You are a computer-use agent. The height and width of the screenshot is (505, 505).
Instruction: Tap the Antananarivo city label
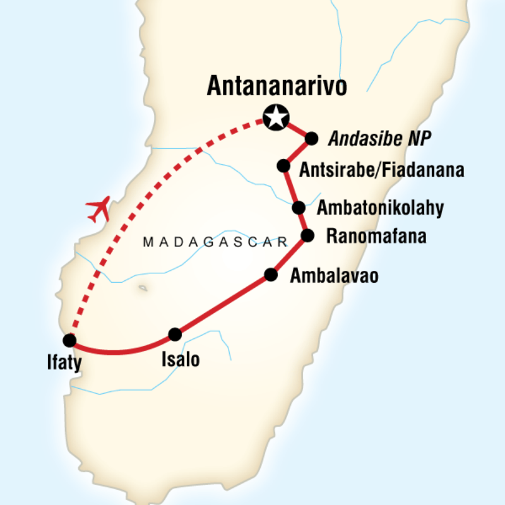[x=277, y=86]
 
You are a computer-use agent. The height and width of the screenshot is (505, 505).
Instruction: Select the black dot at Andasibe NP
[x=311, y=138]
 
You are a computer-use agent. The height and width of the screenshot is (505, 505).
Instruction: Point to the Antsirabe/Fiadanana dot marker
[x=284, y=166]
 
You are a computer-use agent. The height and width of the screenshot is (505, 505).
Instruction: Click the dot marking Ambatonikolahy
[x=299, y=207]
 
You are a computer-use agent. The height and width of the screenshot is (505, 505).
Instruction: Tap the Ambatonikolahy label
[x=381, y=208]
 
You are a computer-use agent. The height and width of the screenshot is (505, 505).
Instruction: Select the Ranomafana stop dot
[x=307, y=236]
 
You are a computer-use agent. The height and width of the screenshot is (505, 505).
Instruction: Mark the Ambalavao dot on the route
[x=271, y=275]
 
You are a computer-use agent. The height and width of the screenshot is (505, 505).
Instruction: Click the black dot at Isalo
[x=175, y=334]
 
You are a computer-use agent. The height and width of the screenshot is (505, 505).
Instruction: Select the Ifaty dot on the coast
[x=69, y=340]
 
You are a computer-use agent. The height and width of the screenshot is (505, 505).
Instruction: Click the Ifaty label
[x=69, y=365]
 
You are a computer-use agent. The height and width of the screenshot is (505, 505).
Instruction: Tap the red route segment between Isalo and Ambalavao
[x=223, y=304]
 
